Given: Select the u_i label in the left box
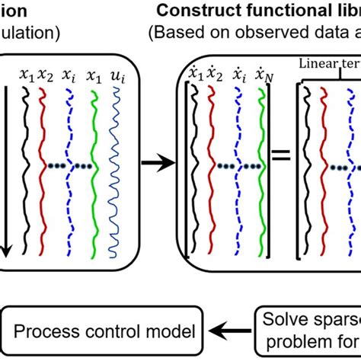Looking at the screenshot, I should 117,74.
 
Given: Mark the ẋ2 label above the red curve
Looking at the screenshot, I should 217,74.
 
